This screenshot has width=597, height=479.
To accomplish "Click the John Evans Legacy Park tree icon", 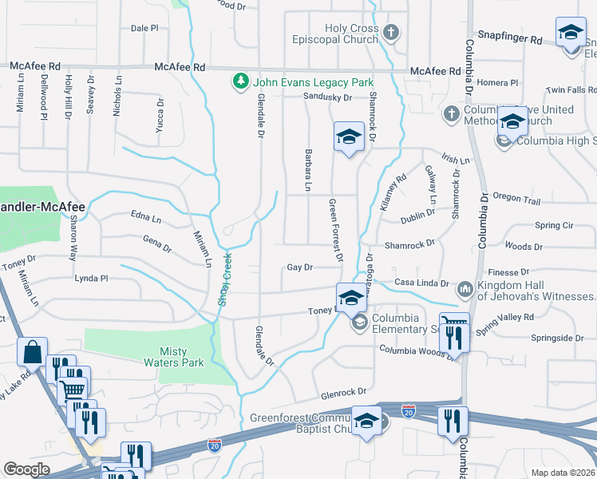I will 239,82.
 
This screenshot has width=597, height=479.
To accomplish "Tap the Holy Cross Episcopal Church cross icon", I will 390,34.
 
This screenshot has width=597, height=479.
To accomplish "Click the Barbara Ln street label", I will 307,169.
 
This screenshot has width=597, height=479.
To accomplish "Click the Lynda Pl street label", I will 90,279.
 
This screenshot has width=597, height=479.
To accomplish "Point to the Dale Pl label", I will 144,28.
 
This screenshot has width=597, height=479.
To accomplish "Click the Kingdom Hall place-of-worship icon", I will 465,287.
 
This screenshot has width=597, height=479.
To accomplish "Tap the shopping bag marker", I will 33,351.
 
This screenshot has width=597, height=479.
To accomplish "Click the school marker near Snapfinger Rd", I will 570,34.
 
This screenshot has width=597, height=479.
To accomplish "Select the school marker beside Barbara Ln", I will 349,138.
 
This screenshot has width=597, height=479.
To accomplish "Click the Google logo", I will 26,469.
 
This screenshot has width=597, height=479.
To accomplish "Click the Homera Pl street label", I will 497,82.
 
